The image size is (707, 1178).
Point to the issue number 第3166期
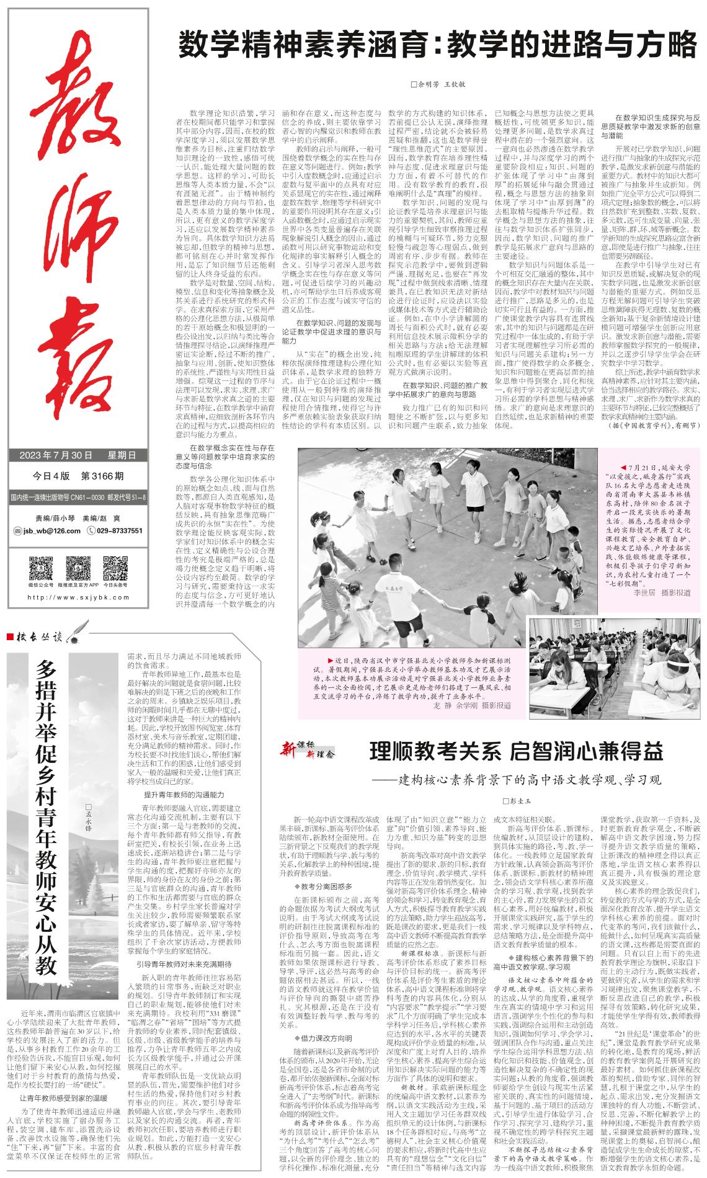click(103, 476)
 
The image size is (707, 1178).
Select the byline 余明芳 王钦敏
click(438, 84)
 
